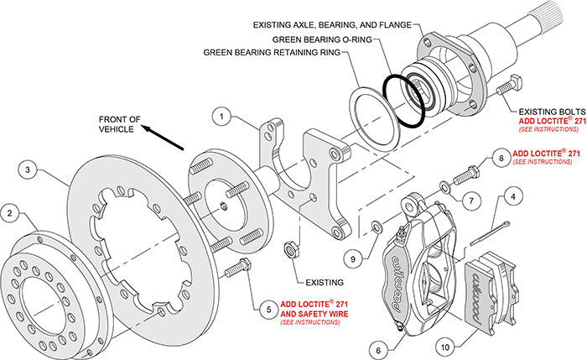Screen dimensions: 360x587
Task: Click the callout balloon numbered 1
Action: (221, 117)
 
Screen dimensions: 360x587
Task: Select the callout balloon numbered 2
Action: (10, 212)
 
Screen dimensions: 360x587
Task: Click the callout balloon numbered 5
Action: (268, 308)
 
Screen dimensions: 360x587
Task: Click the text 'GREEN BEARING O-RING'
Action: (322, 39)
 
